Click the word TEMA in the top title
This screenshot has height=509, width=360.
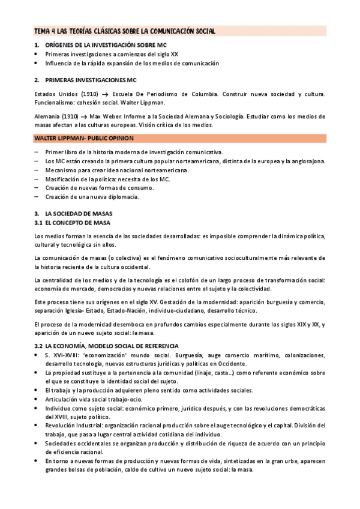point(43,31)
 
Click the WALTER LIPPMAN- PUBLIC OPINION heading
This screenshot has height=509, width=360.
point(83,139)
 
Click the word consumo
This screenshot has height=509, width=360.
point(140,188)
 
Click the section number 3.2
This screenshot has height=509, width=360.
point(39,347)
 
